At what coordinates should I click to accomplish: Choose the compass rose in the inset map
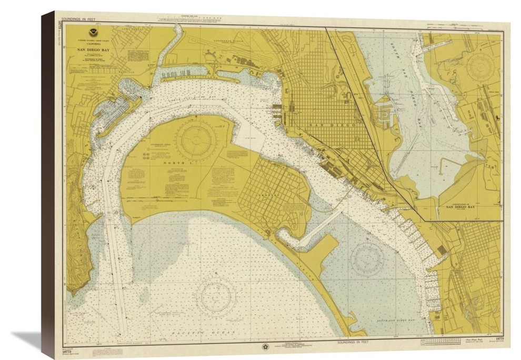pyautogui.click(x=480, y=68)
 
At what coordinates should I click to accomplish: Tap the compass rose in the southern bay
pyautogui.click(x=367, y=258)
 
